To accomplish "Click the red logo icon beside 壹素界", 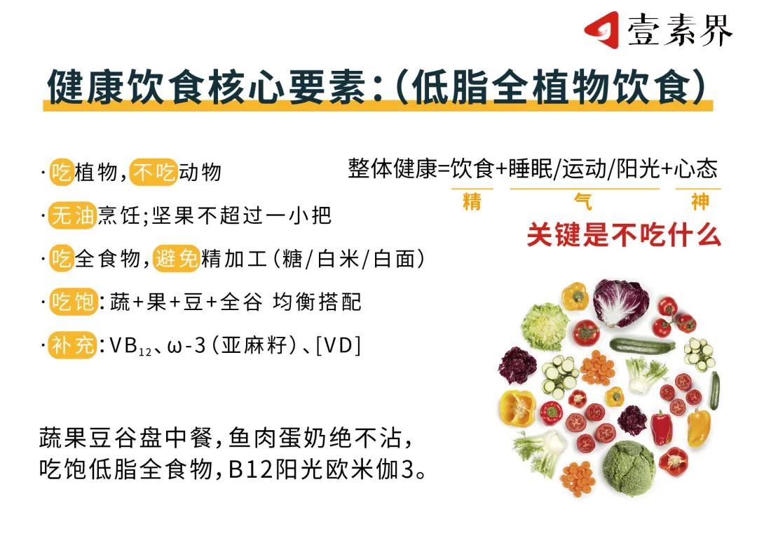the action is (x=602, y=30).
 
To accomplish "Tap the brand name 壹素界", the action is (x=680, y=30).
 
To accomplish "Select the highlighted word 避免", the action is (x=176, y=259).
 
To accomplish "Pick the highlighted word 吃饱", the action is (x=74, y=302).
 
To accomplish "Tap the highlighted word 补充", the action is (x=73, y=346).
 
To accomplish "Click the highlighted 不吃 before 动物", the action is (x=154, y=172).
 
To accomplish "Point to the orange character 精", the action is (x=472, y=201).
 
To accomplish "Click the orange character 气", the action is (x=583, y=201).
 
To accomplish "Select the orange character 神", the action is (x=700, y=201).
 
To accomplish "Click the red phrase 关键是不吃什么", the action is (x=624, y=235).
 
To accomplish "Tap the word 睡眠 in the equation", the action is (x=530, y=168).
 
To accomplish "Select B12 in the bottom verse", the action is (x=250, y=469).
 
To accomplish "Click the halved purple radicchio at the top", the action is (x=621, y=302).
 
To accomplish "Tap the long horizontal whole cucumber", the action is (x=642, y=346).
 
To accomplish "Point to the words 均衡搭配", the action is (x=317, y=302).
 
